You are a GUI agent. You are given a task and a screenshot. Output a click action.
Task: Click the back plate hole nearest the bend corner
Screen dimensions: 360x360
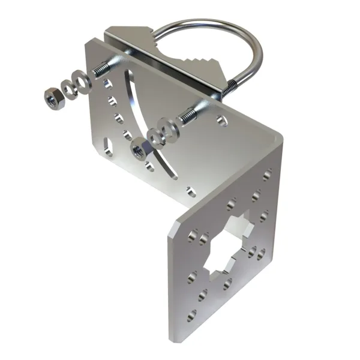223,121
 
